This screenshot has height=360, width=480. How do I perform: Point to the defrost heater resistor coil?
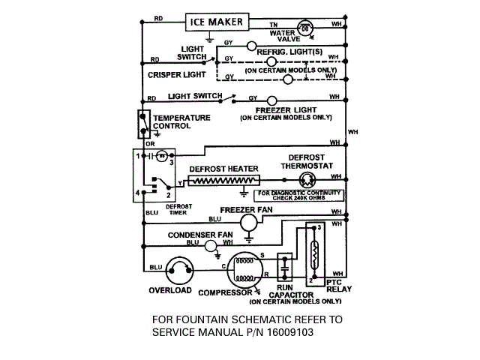223,180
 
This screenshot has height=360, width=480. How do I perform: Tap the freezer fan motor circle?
238,220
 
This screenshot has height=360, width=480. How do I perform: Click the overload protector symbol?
179,269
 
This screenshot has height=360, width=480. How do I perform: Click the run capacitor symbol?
284,266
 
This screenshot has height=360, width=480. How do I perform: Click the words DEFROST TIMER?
178,208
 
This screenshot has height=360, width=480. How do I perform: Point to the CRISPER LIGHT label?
176,75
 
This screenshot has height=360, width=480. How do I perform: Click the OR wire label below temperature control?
150,145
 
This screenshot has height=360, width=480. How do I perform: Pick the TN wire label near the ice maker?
273,25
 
